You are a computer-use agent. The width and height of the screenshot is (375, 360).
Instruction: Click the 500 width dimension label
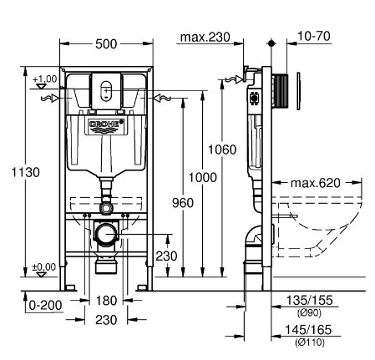point(106,44)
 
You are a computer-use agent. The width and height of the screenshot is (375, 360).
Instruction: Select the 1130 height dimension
point(26,172)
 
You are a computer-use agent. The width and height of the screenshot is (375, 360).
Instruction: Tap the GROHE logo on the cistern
point(106,124)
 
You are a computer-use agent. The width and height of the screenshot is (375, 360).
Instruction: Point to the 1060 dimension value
point(222,150)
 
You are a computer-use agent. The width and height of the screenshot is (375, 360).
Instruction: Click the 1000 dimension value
point(203,177)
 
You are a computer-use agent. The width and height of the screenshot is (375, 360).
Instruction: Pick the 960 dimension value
point(183,203)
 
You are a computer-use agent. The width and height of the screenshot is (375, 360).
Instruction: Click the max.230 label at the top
point(205,37)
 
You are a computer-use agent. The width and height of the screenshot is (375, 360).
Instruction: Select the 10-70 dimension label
point(314,36)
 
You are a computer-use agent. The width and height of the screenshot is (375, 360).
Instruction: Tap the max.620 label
point(316,183)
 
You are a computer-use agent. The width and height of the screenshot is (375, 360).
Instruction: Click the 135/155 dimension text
point(309,301)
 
